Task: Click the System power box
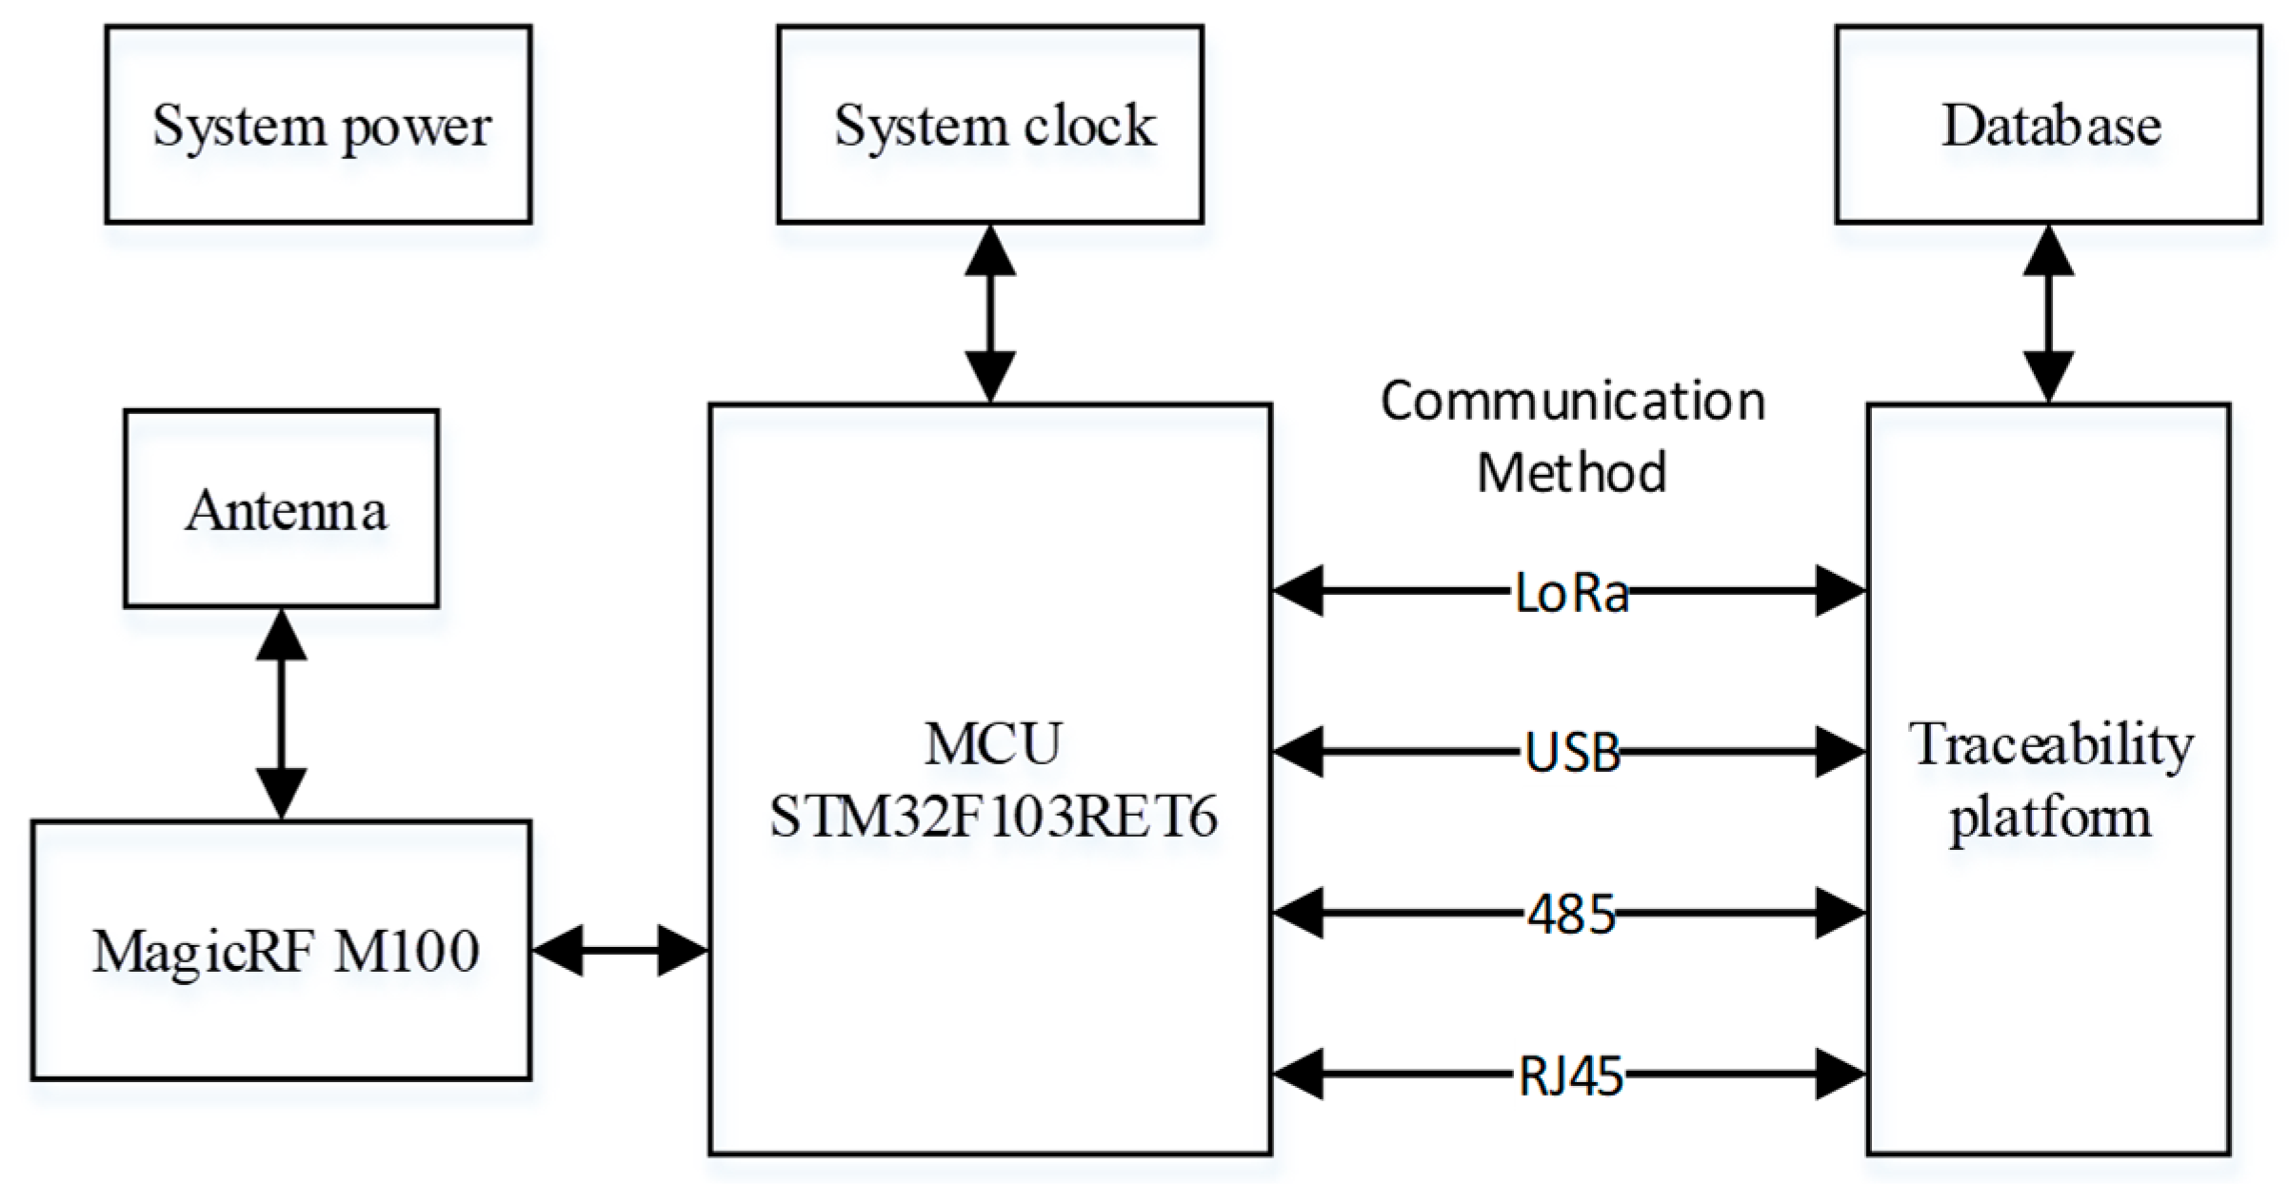click(318, 125)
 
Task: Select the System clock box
click(990, 125)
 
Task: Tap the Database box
click(2048, 125)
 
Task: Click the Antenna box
click(282, 509)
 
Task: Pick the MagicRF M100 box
click(282, 950)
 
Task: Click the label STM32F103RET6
click(992, 817)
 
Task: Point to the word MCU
click(992, 744)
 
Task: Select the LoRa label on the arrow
click(1571, 593)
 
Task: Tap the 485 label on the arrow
click(1572, 915)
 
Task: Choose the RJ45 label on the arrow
click(1571, 1076)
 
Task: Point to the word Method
click(1572, 472)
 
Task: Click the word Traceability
click(2050, 744)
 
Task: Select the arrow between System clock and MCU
click(990, 314)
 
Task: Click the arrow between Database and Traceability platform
click(2048, 314)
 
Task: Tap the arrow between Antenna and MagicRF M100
click(282, 714)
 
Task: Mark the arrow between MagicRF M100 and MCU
click(620, 950)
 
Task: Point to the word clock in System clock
click(1089, 125)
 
